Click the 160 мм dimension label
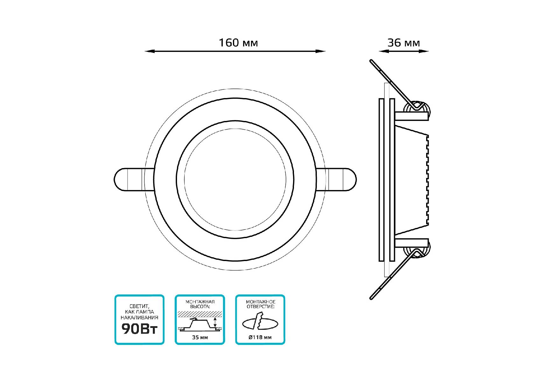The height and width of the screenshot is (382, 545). [x=238, y=43]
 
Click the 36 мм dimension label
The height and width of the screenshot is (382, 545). [x=404, y=43]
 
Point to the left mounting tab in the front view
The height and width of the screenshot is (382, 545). [x=134, y=180]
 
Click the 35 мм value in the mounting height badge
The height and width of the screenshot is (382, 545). [x=200, y=337]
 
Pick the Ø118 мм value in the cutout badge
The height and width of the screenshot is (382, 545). [x=260, y=337]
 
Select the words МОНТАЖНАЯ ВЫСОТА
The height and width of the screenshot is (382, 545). [x=200, y=304]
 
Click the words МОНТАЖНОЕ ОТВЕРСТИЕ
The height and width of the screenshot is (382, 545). [x=260, y=304]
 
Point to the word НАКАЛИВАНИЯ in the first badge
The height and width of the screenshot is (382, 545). [x=140, y=317]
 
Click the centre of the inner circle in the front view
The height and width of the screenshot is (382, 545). [x=235, y=180]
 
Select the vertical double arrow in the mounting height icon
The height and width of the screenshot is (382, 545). [x=215, y=322]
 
